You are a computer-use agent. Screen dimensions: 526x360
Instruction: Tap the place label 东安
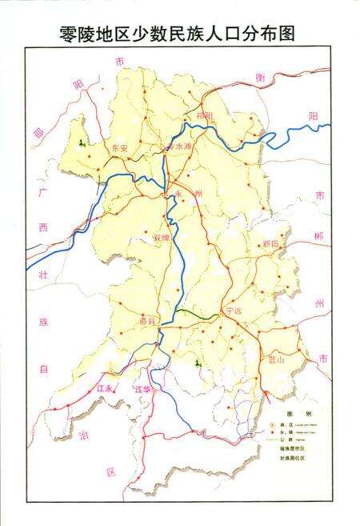pyautogui.click(x=120, y=148)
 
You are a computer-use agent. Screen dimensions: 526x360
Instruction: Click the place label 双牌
pyautogui.click(x=162, y=237)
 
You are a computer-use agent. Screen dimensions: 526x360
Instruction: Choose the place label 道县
pyautogui.click(x=146, y=319)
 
